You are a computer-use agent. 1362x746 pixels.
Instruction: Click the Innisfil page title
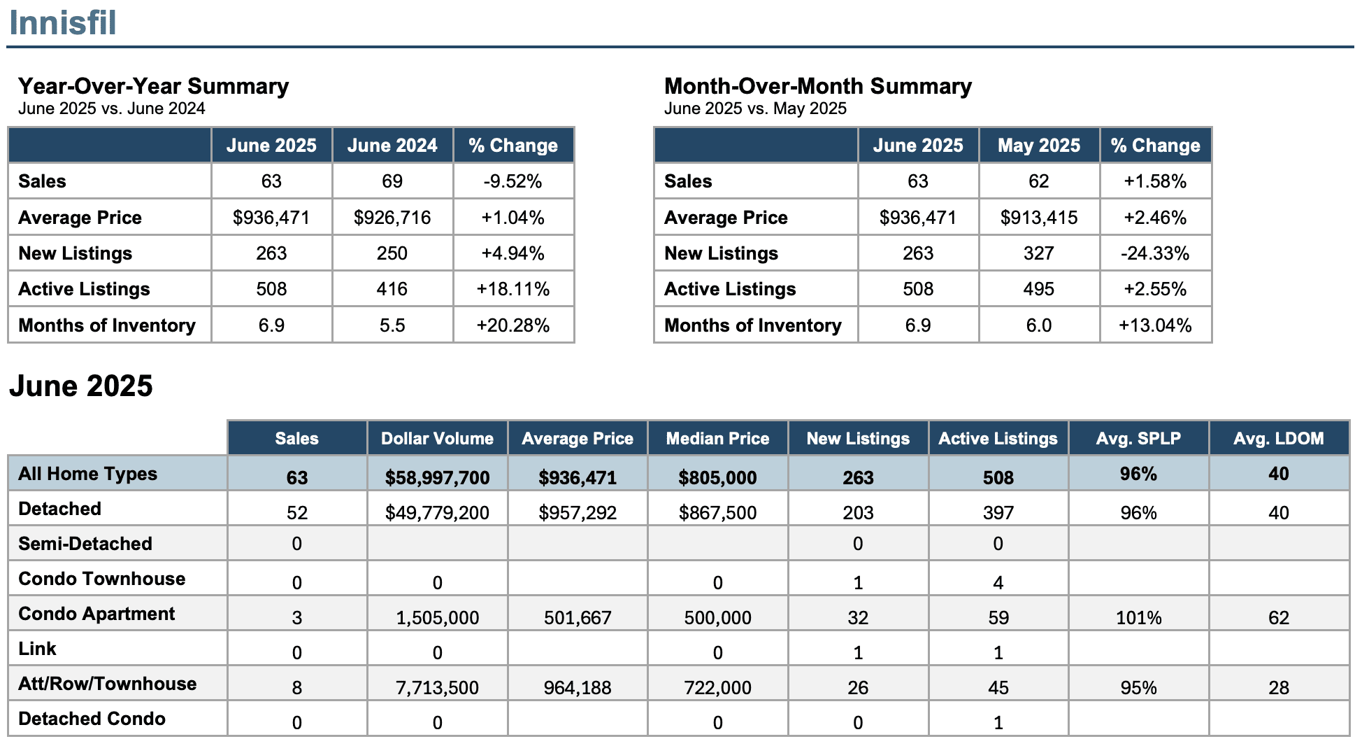click(x=62, y=22)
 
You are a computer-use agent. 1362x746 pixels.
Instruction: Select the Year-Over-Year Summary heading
click(x=153, y=86)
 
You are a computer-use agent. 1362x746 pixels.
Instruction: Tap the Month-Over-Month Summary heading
click(x=817, y=86)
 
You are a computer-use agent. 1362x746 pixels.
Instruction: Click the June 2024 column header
click(x=392, y=146)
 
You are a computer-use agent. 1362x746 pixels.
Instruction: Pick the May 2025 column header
click(x=1039, y=146)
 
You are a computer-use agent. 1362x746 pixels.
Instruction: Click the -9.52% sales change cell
click(x=513, y=181)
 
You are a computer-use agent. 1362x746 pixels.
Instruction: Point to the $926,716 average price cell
click(x=392, y=218)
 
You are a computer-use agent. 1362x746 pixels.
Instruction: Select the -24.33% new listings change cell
click(x=1155, y=253)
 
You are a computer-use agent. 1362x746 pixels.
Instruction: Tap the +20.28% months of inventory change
click(x=513, y=325)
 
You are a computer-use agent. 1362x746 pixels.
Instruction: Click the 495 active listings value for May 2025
click(x=1039, y=289)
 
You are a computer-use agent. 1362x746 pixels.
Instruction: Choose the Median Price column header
click(x=717, y=439)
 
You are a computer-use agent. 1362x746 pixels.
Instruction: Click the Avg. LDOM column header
click(x=1279, y=439)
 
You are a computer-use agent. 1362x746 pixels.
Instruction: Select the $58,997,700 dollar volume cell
click(x=438, y=478)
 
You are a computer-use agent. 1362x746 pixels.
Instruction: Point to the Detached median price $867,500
click(x=717, y=513)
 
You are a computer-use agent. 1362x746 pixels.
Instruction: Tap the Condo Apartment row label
click(x=96, y=614)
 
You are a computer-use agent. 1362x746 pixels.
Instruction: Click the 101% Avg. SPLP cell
click(x=1138, y=618)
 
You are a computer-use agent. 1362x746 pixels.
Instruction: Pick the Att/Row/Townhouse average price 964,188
click(x=578, y=688)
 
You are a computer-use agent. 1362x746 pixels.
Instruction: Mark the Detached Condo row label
click(x=92, y=719)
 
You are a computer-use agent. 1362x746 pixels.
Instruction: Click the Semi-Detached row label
click(x=85, y=544)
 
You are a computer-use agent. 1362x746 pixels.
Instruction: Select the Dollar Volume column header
click(x=437, y=439)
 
